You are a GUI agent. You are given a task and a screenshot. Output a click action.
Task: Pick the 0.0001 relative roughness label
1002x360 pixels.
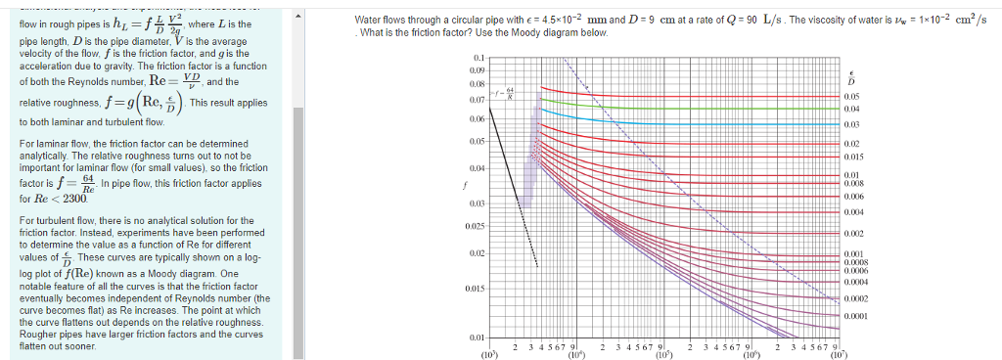858,316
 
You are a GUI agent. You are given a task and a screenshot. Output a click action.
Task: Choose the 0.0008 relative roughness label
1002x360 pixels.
858,262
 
